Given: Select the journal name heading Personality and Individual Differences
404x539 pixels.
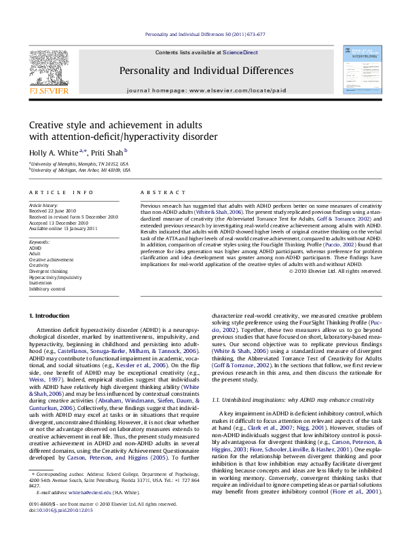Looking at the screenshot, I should pos(206,71).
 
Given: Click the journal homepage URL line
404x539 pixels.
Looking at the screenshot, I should pos(206,90).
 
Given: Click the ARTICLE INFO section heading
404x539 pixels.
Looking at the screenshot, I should pos(56,193).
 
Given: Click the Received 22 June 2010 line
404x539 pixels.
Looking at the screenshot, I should pos(54,210).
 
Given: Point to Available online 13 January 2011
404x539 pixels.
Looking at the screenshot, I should pos(63,229).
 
